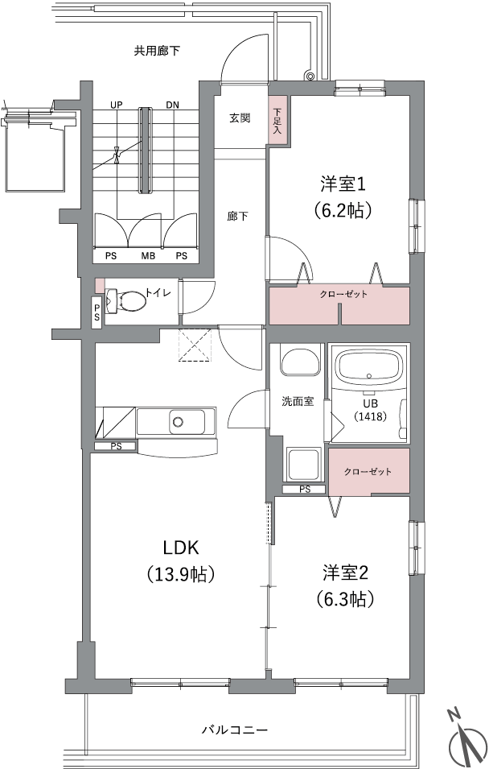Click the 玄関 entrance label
click(240, 118)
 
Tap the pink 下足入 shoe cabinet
click(278, 120)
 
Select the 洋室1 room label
click(343, 185)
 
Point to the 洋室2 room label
click(345, 573)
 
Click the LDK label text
click(181, 548)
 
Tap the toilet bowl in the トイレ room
click(126, 300)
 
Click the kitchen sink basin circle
click(178, 421)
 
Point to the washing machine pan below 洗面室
click(303, 465)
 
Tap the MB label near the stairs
click(148, 256)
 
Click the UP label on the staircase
click(116, 105)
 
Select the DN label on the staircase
click(172, 105)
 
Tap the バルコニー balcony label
click(235, 730)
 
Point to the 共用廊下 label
click(158, 51)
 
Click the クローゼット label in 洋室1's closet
click(343, 294)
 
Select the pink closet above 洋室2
click(368, 471)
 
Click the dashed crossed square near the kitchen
click(196, 345)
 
